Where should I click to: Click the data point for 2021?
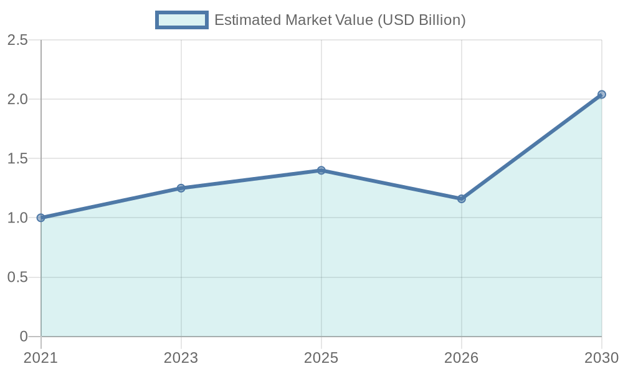click(41, 218)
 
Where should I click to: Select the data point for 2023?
click(181, 188)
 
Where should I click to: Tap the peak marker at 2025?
click(321, 170)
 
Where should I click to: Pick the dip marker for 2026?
click(462, 199)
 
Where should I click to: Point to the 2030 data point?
click(602, 95)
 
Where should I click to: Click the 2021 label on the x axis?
click(41, 358)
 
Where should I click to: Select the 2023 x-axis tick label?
click(181, 358)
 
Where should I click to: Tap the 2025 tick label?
click(321, 358)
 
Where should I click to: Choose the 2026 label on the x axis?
click(462, 358)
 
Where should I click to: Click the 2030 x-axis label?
click(601, 358)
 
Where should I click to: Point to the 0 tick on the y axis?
click(24, 337)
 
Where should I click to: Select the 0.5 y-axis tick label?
click(17, 277)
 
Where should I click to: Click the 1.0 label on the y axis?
click(17, 218)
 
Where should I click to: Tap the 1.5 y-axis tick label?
click(17, 159)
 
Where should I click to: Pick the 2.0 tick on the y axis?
click(17, 100)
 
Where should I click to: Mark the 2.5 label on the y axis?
click(17, 41)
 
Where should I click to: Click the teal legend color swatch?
click(182, 20)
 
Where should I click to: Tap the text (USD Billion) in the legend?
click(422, 20)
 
